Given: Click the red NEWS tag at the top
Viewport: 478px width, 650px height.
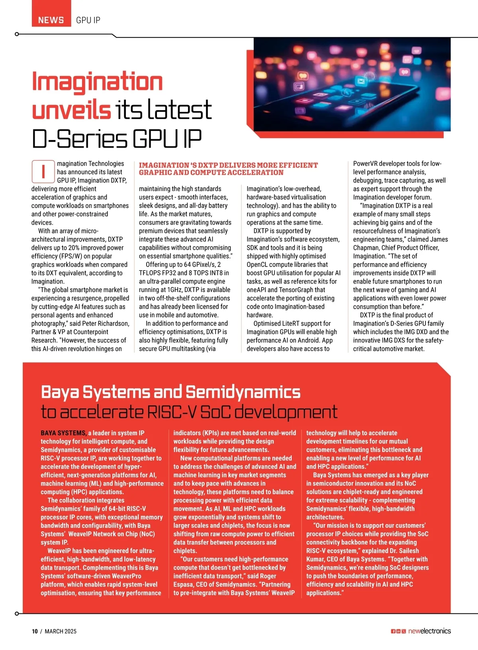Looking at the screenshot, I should tap(51, 20).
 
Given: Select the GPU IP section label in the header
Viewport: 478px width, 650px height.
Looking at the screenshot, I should tap(88, 20).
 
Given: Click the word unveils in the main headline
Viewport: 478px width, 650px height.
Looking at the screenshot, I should tap(71, 110).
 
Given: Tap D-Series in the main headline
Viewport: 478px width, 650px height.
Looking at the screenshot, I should tap(79, 139).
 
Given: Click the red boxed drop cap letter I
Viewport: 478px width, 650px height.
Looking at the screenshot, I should tap(43, 171).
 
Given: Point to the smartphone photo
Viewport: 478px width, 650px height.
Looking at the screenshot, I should tap(352, 84).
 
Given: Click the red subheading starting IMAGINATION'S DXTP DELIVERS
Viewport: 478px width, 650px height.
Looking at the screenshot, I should tap(228, 169).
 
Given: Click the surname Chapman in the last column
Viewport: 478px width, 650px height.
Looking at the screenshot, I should tap(366, 247).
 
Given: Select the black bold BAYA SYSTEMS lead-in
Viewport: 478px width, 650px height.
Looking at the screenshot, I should tap(63, 433).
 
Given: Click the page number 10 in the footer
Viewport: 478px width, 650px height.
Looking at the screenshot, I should tap(35, 631).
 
